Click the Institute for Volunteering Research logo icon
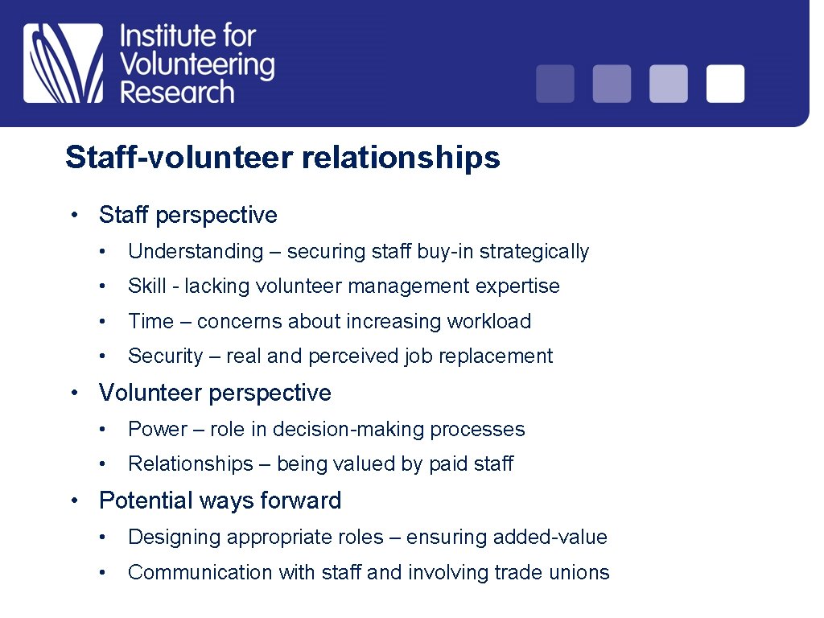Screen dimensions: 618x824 click(64, 63)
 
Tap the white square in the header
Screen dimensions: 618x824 click(725, 84)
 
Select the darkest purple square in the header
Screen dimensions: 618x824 click(555, 84)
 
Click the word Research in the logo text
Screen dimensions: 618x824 click(177, 91)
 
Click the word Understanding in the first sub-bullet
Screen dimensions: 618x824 click(196, 252)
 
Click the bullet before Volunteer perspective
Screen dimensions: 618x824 click(73, 393)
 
